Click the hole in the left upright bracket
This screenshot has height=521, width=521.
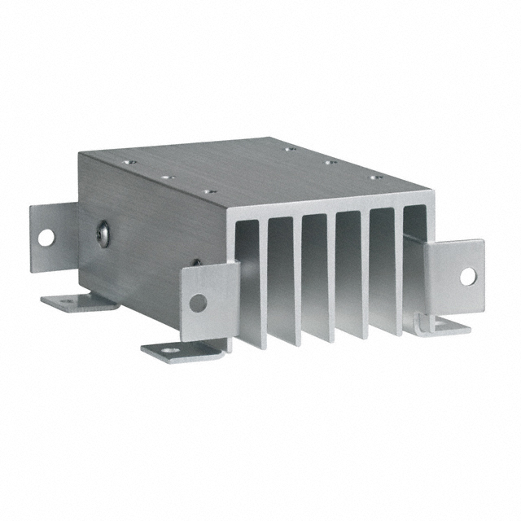(x=46, y=237)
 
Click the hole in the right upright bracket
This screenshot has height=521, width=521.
(x=467, y=276)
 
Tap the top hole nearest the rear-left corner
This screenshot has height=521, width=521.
(x=127, y=162)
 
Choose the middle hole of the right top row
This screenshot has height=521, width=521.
(x=330, y=162)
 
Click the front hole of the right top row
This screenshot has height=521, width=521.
(x=375, y=177)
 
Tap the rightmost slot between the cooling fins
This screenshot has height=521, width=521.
(x=414, y=252)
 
